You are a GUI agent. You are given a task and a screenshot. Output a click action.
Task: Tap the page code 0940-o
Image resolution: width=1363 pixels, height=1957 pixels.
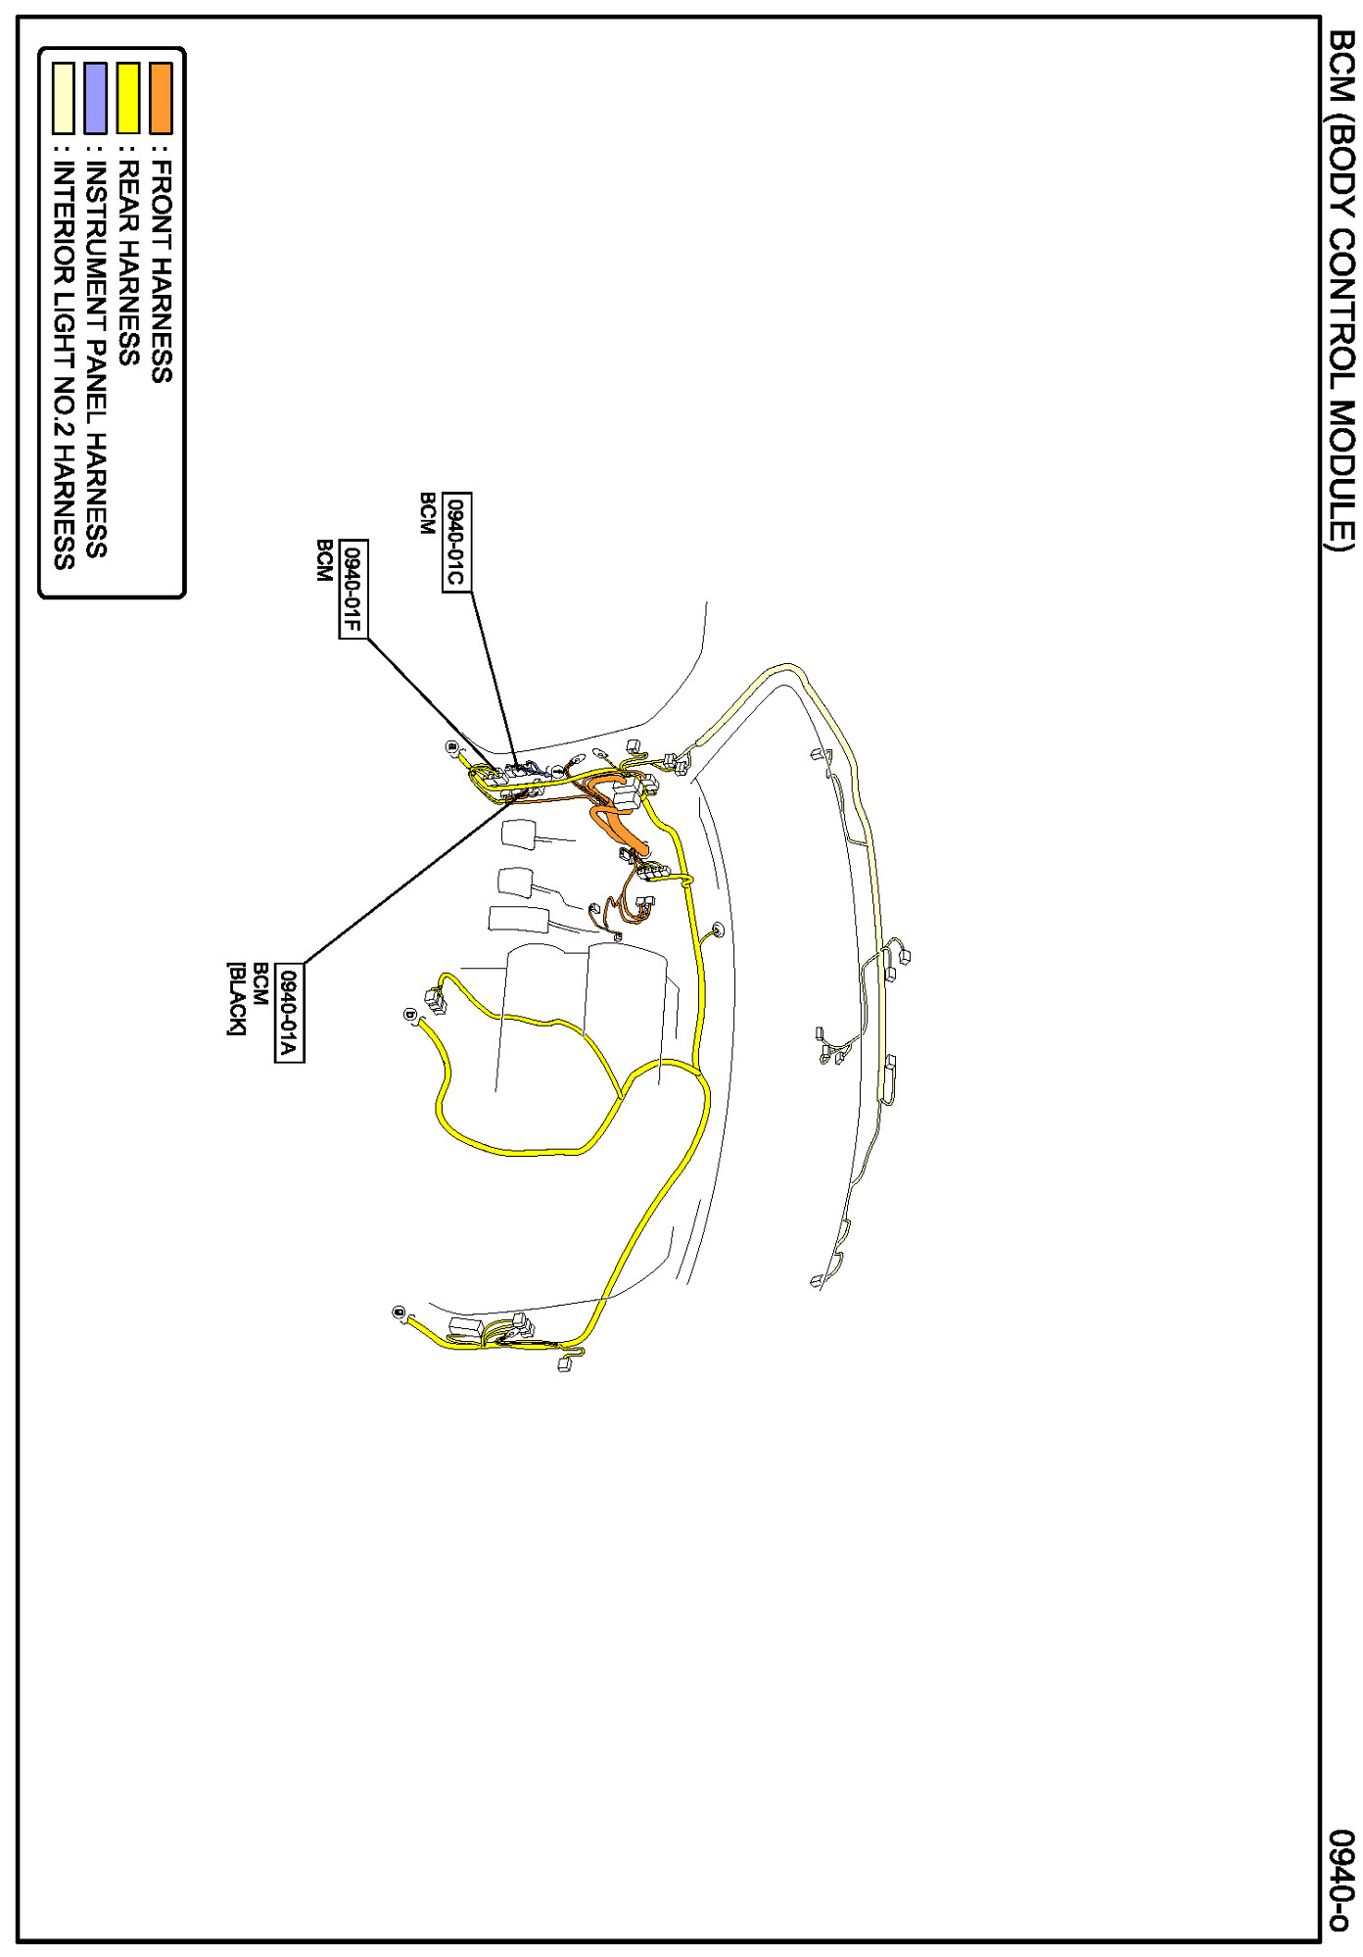(1340, 1880)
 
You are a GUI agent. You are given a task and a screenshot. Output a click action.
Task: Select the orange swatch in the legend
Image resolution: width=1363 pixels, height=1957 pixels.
(161, 98)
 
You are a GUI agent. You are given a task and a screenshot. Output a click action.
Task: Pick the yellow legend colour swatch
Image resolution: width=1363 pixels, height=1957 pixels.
(128, 98)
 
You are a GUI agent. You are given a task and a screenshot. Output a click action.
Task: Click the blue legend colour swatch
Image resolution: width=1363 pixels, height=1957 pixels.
(96, 98)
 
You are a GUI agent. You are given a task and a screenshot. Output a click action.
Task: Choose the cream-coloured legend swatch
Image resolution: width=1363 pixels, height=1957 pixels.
(64, 98)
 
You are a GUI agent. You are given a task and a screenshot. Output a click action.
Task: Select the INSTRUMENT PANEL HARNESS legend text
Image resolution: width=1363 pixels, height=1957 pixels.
(96, 358)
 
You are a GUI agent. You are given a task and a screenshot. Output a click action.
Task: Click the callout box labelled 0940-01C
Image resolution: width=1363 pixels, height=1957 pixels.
(456, 542)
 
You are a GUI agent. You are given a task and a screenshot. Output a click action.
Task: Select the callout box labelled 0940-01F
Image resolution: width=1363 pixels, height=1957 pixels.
(352, 589)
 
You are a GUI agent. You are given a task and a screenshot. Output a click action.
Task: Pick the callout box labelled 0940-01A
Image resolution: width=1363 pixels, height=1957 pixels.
(289, 1013)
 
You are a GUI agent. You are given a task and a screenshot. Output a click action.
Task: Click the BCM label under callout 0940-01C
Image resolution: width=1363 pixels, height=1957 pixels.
(427, 513)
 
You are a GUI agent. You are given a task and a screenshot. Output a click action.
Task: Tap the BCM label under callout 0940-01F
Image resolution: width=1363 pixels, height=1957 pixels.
(324, 560)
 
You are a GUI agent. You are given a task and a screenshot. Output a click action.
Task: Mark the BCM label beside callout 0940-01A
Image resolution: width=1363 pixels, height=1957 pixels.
(260, 984)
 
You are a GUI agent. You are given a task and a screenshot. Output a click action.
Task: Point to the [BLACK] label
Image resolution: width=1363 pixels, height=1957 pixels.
(236, 998)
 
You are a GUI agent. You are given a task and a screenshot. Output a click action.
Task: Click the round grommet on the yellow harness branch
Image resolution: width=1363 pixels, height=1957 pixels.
(718, 929)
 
